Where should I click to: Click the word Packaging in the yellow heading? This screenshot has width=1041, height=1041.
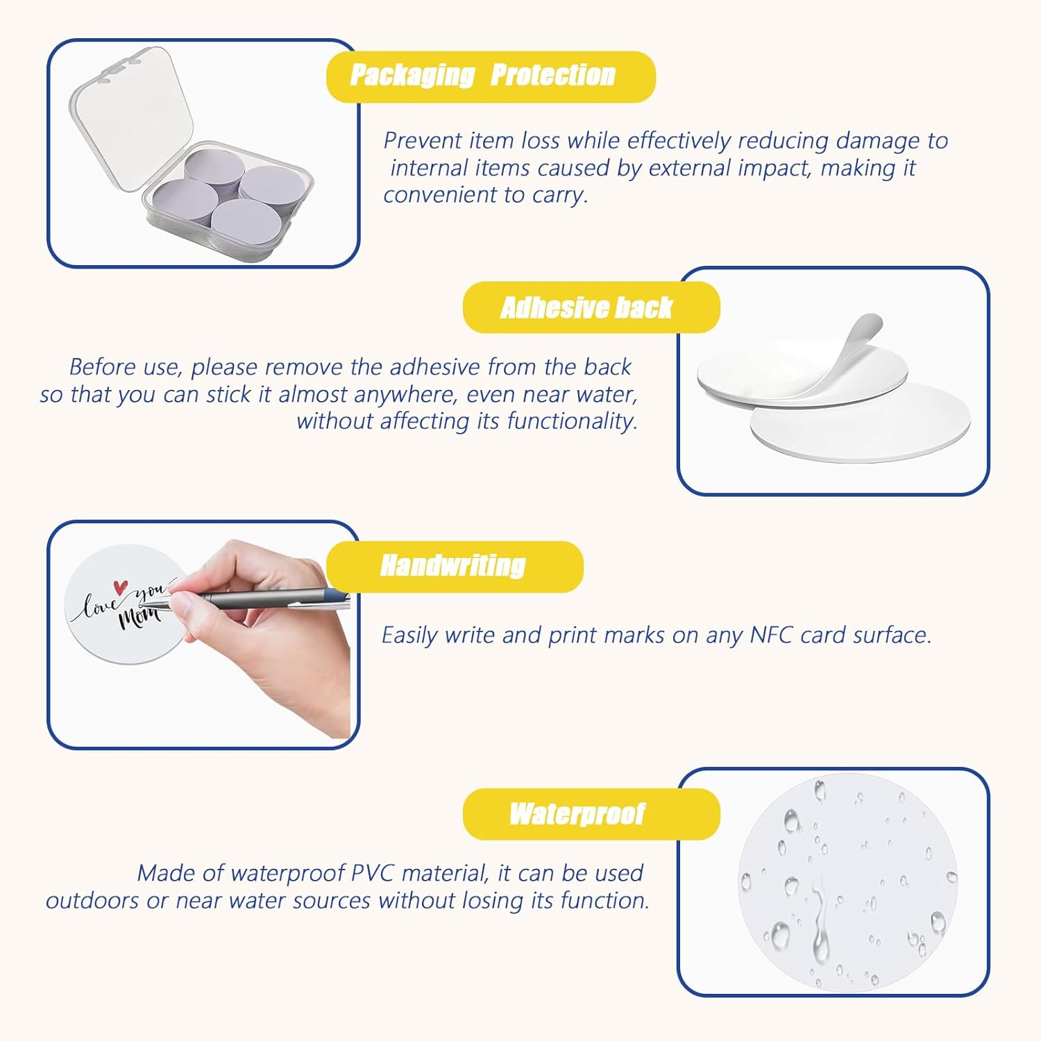coord(412,76)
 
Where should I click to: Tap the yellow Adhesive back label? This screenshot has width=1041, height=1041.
coord(591,307)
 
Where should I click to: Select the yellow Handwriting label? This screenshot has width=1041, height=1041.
coord(455,566)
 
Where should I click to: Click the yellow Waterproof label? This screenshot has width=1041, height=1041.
coord(591,814)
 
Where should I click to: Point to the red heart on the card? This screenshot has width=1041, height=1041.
coord(121,587)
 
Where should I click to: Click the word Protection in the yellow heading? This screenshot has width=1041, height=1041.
coord(553,76)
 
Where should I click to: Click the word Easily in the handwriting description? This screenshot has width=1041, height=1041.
coord(410,636)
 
